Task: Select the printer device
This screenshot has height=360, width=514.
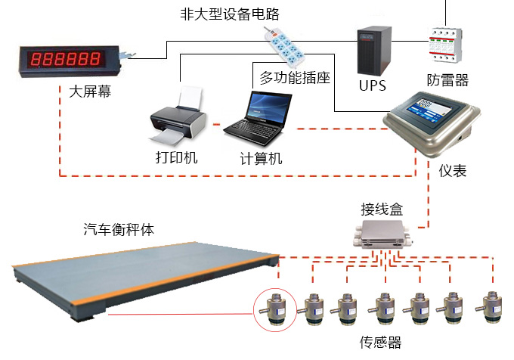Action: tap(178, 117)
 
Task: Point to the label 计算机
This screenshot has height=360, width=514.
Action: tap(261, 159)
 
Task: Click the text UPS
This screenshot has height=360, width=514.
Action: tap(372, 85)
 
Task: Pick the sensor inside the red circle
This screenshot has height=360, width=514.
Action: tap(275, 309)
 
